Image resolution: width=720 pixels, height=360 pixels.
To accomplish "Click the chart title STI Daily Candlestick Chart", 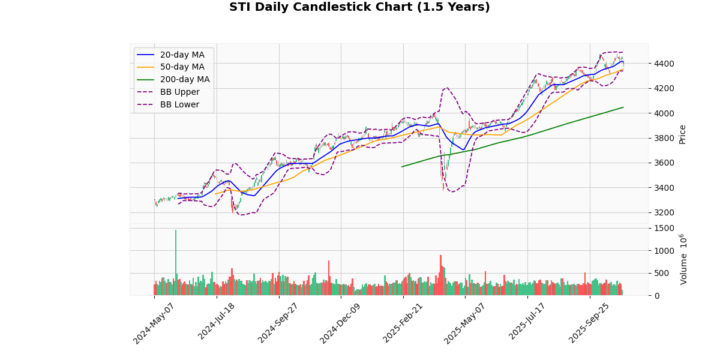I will tap(359, 7).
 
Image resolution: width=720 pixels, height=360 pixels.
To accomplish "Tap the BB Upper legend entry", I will tap(178, 92).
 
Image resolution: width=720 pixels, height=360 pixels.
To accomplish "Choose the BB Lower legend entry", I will tap(178, 105).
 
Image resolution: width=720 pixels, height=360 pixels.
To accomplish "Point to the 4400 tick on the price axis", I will tap(664, 64).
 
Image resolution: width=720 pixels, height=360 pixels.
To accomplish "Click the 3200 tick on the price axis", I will tap(664, 212).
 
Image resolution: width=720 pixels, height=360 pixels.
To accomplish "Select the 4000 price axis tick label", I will tap(664, 113).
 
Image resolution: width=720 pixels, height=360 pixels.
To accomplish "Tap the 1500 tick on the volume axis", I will tap(664, 228).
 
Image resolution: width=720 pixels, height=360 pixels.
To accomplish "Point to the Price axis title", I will tap(682, 134).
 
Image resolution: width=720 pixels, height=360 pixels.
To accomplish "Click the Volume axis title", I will tap(683, 259).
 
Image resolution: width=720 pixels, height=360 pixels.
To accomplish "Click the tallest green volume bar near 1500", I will tap(176, 263).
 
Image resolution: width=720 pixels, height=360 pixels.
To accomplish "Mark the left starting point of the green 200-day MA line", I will tap(402, 167).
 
